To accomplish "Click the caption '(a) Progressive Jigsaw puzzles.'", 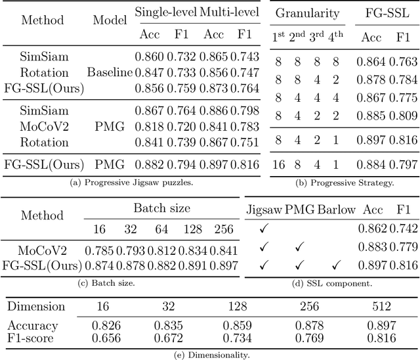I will tap(131, 181).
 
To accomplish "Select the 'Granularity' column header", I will tap(307, 12).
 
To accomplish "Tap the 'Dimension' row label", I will tap(36, 306).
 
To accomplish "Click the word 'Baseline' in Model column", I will tap(110, 73).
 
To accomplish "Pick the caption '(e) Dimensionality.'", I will tap(210, 354).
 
